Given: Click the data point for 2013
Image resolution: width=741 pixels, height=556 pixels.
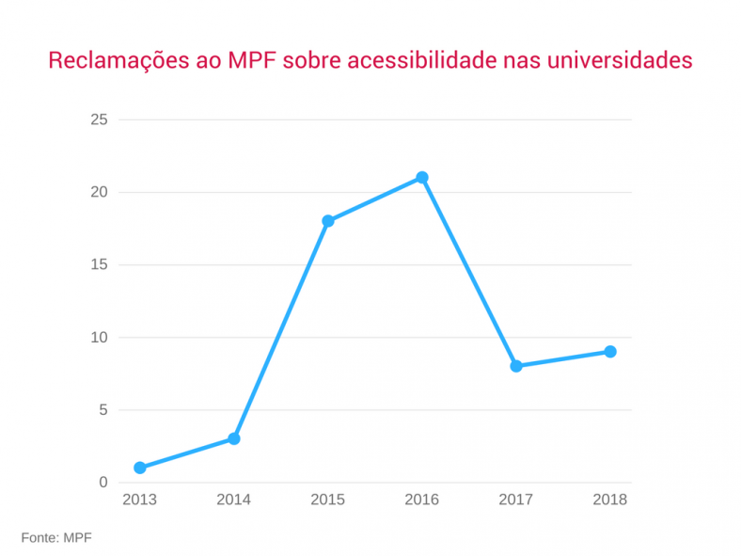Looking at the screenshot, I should pyautogui.click(x=140, y=468).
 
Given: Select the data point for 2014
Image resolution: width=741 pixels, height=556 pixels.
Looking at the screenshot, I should pyautogui.click(x=234, y=438).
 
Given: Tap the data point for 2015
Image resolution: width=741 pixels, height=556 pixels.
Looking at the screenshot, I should pyautogui.click(x=328, y=221).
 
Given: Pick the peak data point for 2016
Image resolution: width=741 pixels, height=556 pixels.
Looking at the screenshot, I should pyautogui.click(x=422, y=178).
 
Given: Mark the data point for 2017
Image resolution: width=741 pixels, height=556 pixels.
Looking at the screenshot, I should pyautogui.click(x=516, y=366).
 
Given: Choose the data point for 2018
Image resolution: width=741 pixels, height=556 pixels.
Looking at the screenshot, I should pyautogui.click(x=610, y=352).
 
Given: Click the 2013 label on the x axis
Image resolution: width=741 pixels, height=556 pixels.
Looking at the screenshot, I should pyautogui.click(x=140, y=500).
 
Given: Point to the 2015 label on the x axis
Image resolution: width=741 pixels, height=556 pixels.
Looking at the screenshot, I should pyautogui.click(x=328, y=500).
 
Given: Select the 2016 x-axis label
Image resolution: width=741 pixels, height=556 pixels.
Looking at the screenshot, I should pyautogui.click(x=422, y=500).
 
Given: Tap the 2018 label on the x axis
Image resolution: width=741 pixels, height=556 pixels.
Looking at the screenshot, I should pyautogui.click(x=610, y=500).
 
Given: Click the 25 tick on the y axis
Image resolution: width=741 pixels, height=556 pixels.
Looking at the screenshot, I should pyautogui.click(x=99, y=120).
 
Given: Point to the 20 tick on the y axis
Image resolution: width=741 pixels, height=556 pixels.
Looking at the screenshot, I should pyautogui.click(x=99, y=193).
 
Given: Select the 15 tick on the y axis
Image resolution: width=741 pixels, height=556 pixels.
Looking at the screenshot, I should pyautogui.click(x=99, y=265).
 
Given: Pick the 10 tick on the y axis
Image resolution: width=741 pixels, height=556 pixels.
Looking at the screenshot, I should pyautogui.click(x=99, y=338).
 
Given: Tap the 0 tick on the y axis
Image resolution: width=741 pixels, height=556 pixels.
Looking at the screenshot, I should pyautogui.click(x=103, y=483).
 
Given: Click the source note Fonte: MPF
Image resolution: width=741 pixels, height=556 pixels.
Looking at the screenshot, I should pyautogui.click(x=56, y=537).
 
